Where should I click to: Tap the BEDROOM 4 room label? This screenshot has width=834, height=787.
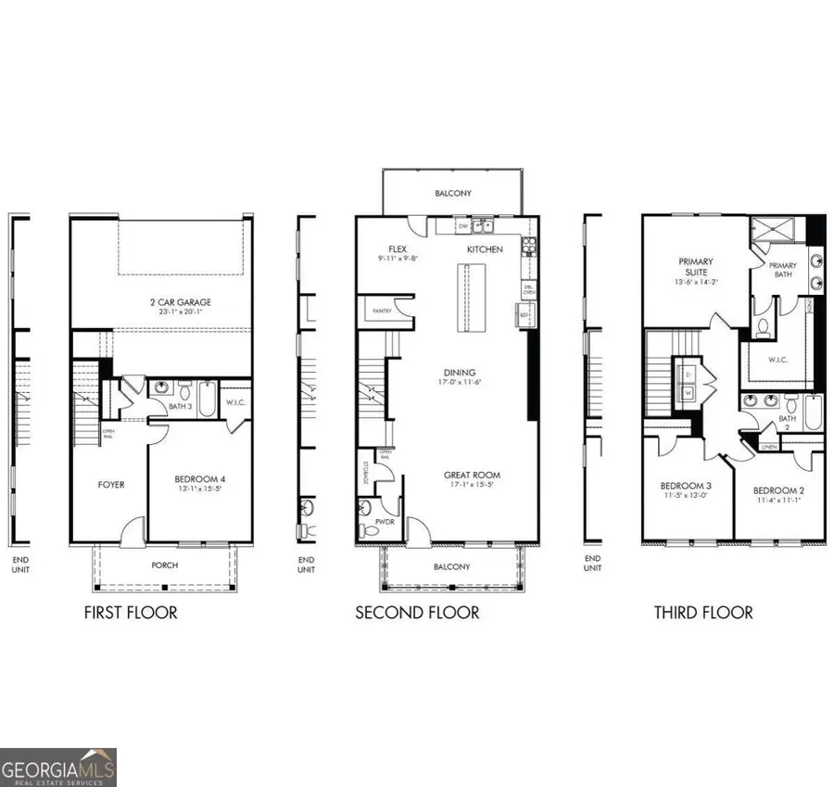point(200,479)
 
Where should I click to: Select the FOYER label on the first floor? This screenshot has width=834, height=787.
point(111,484)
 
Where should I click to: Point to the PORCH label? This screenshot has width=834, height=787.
point(164,565)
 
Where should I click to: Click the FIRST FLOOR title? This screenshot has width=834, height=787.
point(131,613)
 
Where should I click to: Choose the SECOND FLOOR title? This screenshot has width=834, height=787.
point(418,613)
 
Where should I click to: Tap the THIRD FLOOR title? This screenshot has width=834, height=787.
point(703,613)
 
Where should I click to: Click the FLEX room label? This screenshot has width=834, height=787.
point(398,249)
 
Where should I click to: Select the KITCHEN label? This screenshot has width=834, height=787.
point(485,249)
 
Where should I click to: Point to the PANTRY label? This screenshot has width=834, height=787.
point(381,311)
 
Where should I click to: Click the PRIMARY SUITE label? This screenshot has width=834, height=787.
point(696,267)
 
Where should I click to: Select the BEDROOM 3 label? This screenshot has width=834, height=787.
point(686,486)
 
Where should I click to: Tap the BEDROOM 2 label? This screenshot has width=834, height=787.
point(776,490)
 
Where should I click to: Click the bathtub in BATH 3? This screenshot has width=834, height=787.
point(206,396)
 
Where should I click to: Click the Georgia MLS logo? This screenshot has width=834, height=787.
point(58,767)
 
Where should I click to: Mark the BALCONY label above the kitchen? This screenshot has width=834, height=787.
point(454,194)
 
